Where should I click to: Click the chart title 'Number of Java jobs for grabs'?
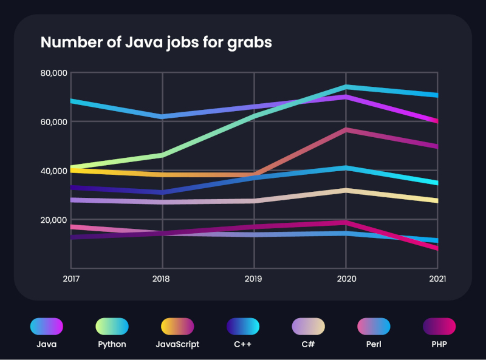click(x=156, y=42)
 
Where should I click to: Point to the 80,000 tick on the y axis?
click(x=53, y=73)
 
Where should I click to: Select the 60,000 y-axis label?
click(x=53, y=122)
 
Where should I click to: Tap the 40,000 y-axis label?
click(x=53, y=171)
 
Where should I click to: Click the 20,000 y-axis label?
click(x=53, y=220)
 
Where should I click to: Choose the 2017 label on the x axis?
click(x=70, y=279)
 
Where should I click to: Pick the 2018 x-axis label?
click(x=162, y=279)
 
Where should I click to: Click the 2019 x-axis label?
click(x=254, y=279)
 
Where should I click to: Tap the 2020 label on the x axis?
click(x=346, y=279)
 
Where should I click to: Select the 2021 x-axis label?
click(x=437, y=279)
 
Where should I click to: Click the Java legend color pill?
click(x=47, y=326)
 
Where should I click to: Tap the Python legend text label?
click(x=112, y=344)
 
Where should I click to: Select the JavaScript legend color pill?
click(x=177, y=326)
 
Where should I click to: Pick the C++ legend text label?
click(x=243, y=344)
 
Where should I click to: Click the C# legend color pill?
click(x=309, y=326)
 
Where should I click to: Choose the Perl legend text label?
click(x=374, y=344)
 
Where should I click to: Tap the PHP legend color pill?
click(x=439, y=326)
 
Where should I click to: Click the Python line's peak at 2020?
click(x=346, y=87)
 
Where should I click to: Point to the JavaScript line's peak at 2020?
click(x=346, y=130)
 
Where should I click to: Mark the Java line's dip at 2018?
click(x=162, y=116)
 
